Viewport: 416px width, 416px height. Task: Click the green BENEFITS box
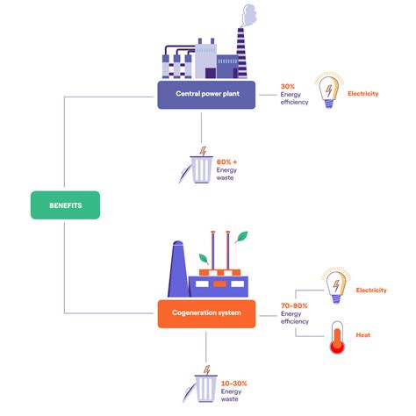point(66,205)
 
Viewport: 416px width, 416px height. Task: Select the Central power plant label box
point(205,95)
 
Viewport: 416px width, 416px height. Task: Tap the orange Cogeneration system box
point(205,313)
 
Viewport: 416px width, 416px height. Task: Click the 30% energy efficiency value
point(287,87)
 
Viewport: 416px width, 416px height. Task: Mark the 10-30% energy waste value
point(233,384)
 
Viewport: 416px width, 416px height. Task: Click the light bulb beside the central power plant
point(327,91)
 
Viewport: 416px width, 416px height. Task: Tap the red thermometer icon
point(335,337)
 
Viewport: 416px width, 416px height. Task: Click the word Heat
point(362,335)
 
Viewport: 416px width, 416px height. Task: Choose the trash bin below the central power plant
point(202,169)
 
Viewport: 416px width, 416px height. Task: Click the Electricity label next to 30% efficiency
point(362,92)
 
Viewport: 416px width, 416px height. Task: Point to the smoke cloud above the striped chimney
point(247,15)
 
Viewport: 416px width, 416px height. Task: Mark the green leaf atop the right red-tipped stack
point(241,236)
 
